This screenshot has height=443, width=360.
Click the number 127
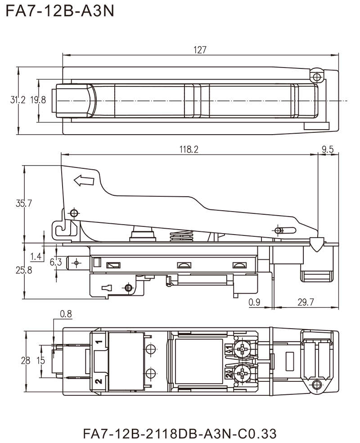(201, 50)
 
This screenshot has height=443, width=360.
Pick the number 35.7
(23, 204)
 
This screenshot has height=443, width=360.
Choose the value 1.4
(36, 256)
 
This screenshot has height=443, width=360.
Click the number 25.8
(23, 271)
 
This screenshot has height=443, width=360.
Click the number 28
(25, 361)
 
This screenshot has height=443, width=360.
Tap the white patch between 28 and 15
(33, 361)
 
